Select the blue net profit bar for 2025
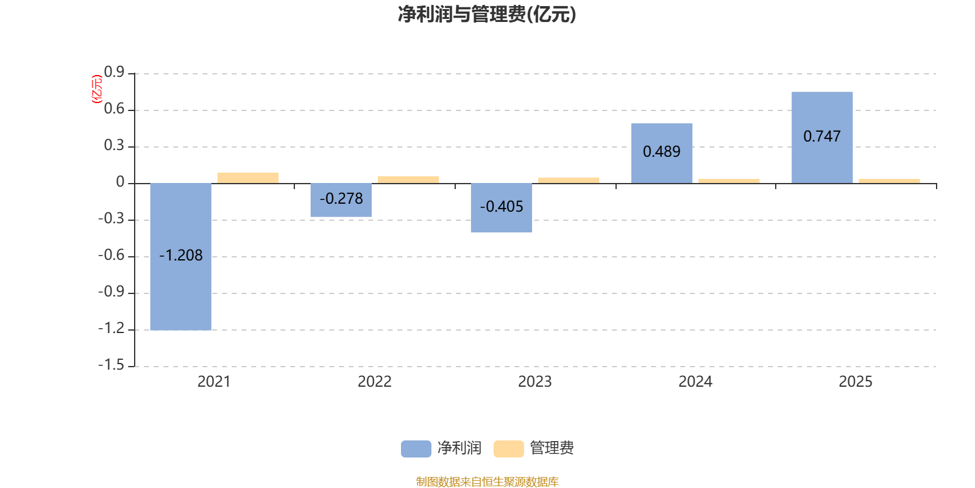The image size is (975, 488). [822, 165]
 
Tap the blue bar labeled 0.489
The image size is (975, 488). [662, 168]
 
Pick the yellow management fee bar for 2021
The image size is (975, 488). [248, 178]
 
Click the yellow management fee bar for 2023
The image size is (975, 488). [569, 181]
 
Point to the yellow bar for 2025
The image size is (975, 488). [889, 181]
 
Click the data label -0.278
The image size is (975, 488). [341, 199]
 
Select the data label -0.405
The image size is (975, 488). [502, 207]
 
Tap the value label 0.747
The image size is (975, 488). [822, 137]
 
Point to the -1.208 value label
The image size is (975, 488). [181, 256]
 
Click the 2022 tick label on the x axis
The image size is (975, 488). [374, 382]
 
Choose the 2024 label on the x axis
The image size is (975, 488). [695, 382]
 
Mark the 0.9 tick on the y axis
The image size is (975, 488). [114, 73]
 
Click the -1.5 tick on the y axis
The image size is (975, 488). [111, 365]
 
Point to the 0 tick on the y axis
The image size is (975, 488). [120, 182]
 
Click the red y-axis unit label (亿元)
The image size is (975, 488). [96, 89]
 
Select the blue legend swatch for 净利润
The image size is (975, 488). [416, 448]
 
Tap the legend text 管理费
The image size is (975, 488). [551, 448]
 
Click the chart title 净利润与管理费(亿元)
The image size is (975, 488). [487, 14]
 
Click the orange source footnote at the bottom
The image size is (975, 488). [487, 482]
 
